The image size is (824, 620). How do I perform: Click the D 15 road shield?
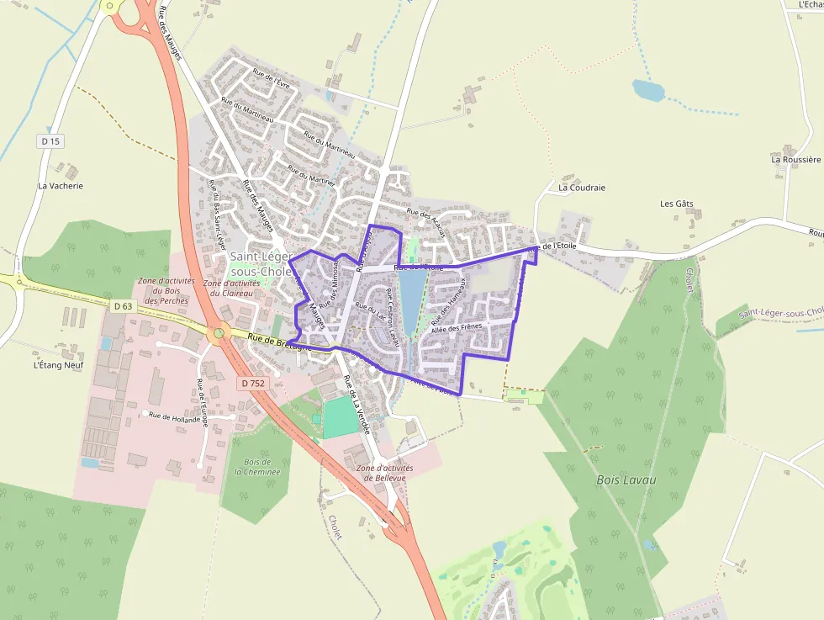[50, 141]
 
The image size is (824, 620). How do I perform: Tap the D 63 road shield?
[123, 306]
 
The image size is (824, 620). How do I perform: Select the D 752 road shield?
[251, 384]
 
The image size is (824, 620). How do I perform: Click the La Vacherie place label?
[61, 186]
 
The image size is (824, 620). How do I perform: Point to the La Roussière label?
[795, 159]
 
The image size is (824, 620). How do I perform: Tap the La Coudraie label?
[582, 188]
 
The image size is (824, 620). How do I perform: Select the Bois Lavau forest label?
[626, 480]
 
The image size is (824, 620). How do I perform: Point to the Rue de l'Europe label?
[202, 403]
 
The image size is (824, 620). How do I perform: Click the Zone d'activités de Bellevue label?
[381, 473]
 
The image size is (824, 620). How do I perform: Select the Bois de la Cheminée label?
[252, 467]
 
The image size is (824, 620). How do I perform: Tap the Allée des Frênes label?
[457, 328]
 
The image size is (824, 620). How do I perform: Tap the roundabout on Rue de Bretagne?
[219, 333]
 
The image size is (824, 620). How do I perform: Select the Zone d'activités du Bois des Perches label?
[166, 290]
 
